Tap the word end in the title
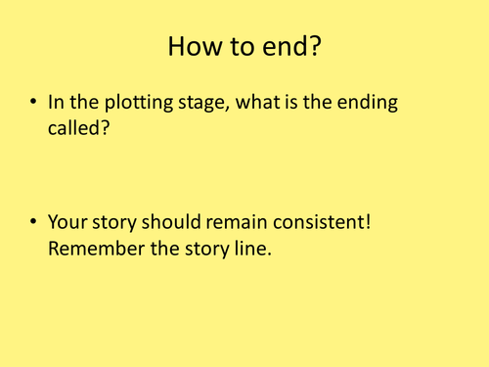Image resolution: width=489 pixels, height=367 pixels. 283,46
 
